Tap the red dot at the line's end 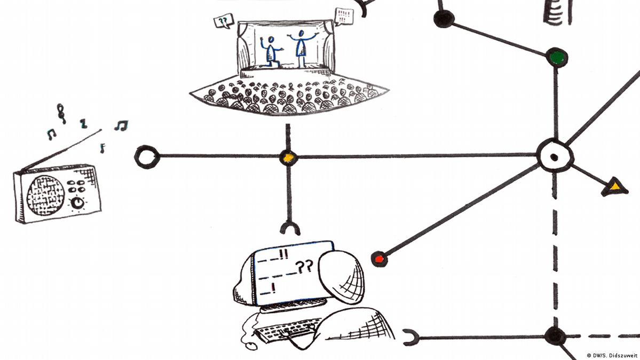coord(379,259)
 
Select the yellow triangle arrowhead coord(615,187)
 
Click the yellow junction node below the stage coord(289,158)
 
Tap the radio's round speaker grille coord(45,195)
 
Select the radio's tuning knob coord(77,202)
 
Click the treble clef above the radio coord(61,113)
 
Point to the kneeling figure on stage coord(271,51)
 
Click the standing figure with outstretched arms coord(302,48)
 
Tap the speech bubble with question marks coord(224,21)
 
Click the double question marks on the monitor coord(304,267)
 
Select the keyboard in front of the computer coord(286,330)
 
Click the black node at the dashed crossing coord(555,336)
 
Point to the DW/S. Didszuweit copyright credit coord(611,356)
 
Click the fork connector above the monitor coord(290,228)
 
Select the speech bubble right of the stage coord(344,17)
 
